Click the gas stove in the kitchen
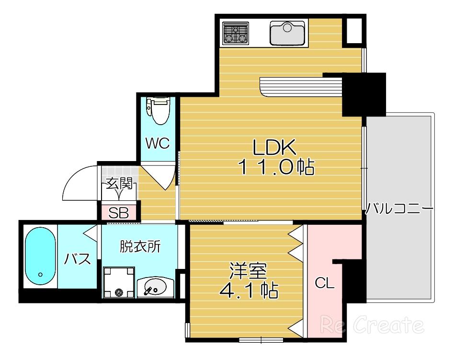point(236,34)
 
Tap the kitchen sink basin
point(287,34)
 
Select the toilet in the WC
point(158,111)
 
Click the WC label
point(158,143)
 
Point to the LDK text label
point(274,147)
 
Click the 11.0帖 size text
point(276,167)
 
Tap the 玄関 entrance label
point(119,183)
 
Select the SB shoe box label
point(118,213)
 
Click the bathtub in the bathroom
point(40,257)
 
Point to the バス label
point(77,258)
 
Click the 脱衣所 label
point(140,247)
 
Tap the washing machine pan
point(119,282)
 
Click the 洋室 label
point(248,270)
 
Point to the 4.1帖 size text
point(249,290)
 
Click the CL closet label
point(325,283)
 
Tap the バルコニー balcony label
point(399,209)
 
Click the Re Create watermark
point(372,325)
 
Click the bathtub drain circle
point(40,274)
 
